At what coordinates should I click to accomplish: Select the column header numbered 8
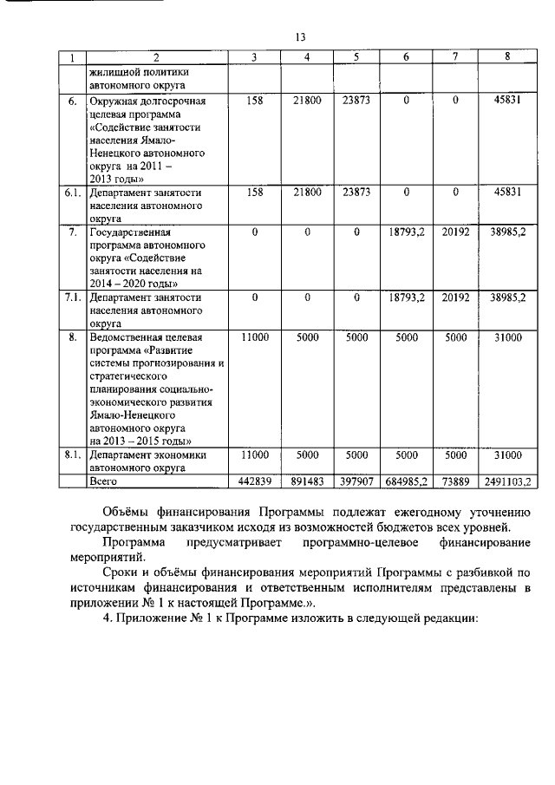coord(507,57)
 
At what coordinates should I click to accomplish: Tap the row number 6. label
coord(73,101)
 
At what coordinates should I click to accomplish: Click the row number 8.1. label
coord(73,454)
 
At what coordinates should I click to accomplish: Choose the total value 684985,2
coord(406,481)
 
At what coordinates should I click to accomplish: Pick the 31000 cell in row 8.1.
coord(507,454)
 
